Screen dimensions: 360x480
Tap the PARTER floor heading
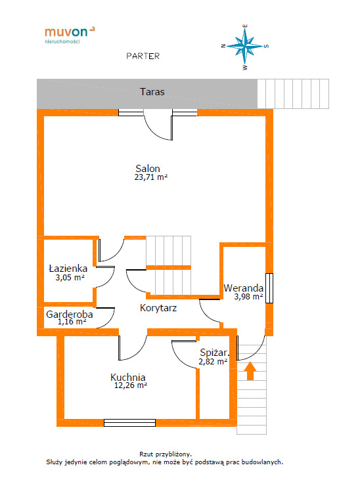point(143,56)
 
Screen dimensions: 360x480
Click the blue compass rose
point(245,47)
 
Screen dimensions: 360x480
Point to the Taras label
point(152,91)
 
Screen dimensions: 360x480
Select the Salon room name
point(148,168)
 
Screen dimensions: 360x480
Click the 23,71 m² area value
point(150,177)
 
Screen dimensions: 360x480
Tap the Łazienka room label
point(68,268)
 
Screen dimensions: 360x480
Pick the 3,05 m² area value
point(70,277)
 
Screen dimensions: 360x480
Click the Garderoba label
point(70,314)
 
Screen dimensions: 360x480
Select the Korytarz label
point(158,308)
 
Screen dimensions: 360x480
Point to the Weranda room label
point(244,288)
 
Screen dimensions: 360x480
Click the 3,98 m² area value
point(248,296)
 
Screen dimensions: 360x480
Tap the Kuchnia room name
point(127,377)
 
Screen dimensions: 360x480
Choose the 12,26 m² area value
point(131,385)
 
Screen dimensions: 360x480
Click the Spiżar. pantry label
point(214,353)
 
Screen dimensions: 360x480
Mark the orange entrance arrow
point(250,371)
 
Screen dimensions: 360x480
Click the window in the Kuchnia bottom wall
point(129,423)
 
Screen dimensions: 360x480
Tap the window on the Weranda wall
point(269,288)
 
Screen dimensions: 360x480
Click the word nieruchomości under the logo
point(62,41)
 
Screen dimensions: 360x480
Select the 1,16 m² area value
point(72,322)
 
